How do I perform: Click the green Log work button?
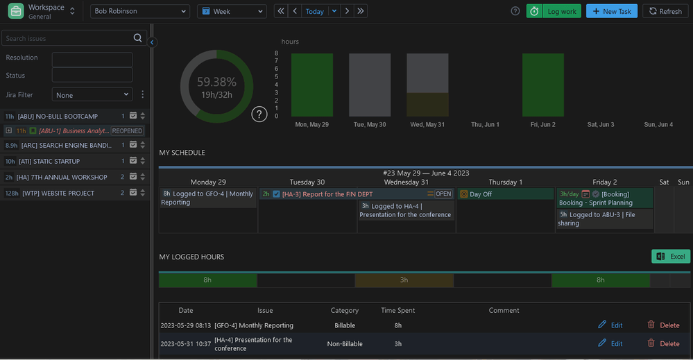(x=554, y=11)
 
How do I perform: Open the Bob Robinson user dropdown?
(x=140, y=11)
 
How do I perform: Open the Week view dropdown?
(x=232, y=11)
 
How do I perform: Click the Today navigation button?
(x=315, y=11)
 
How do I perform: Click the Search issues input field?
(x=67, y=38)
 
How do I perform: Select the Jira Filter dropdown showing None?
(x=92, y=94)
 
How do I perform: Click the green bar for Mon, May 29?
(x=311, y=85)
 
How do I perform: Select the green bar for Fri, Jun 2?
(x=542, y=85)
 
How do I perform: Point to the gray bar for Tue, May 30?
(x=370, y=85)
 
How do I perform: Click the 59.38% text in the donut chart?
(x=216, y=82)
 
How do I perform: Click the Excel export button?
(x=670, y=257)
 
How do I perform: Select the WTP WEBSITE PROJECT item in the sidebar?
(x=59, y=194)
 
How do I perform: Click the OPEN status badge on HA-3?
(x=443, y=194)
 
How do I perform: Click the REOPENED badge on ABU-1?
(x=127, y=130)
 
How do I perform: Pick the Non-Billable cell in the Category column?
(x=344, y=343)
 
